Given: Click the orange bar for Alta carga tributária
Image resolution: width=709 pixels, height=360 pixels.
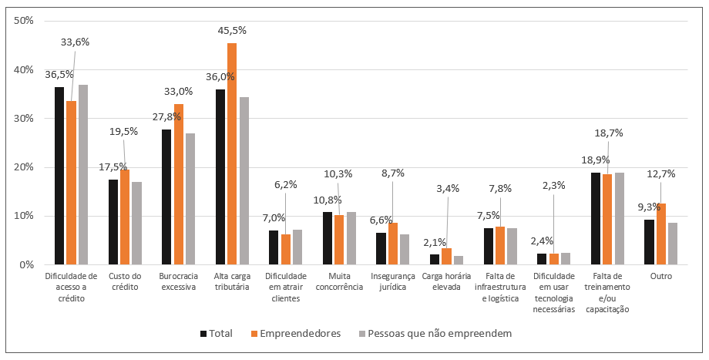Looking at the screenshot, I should point(232,154).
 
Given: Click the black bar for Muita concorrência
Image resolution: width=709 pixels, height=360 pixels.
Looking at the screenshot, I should point(328,238).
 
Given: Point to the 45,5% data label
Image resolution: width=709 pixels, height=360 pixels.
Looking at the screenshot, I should point(231,32).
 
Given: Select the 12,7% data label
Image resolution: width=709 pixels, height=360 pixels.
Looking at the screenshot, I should point(660,174).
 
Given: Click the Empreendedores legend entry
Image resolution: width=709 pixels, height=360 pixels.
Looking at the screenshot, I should point(297,334).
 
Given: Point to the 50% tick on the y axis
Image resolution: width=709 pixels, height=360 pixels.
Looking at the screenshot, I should point(25,21).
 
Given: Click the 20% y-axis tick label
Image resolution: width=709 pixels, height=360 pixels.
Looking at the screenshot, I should point(25,167).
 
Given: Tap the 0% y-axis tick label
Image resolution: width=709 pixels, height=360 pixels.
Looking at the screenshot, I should point(27,264).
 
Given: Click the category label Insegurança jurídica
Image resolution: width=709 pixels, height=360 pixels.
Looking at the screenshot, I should point(393,281).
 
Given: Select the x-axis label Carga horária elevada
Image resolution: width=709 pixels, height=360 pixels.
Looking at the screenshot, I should point(446,281).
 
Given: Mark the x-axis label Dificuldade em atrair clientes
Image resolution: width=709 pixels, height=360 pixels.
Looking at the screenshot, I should point(285,287).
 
